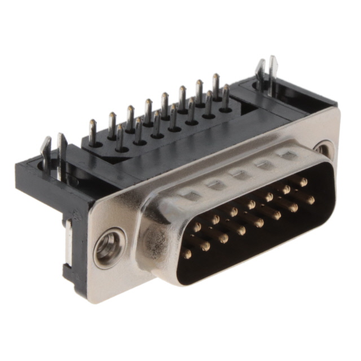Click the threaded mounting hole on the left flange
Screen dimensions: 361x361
pyautogui.click(x=107, y=247)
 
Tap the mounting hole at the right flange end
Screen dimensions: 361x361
pyautogui.click(x=323, y=149)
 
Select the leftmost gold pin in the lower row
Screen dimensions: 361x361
pyautogui.click(x=187, y=253)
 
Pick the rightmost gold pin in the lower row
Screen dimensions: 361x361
pyautogui.click(x=310, y=199)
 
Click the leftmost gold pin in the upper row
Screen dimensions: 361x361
pyautogui.click(x=197, y=227)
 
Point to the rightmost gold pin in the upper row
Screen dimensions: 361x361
pyautogui.click(x=303, y=182)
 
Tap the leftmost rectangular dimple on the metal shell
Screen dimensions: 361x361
pyautogui.click(x=192, y=195)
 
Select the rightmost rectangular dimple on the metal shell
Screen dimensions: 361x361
pyautogui.click(x=289, y=155)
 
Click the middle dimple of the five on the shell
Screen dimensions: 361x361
pyautogui.click(x=240, y=174)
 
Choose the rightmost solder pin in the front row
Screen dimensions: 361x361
pyautogui.click(x=226, y=97)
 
